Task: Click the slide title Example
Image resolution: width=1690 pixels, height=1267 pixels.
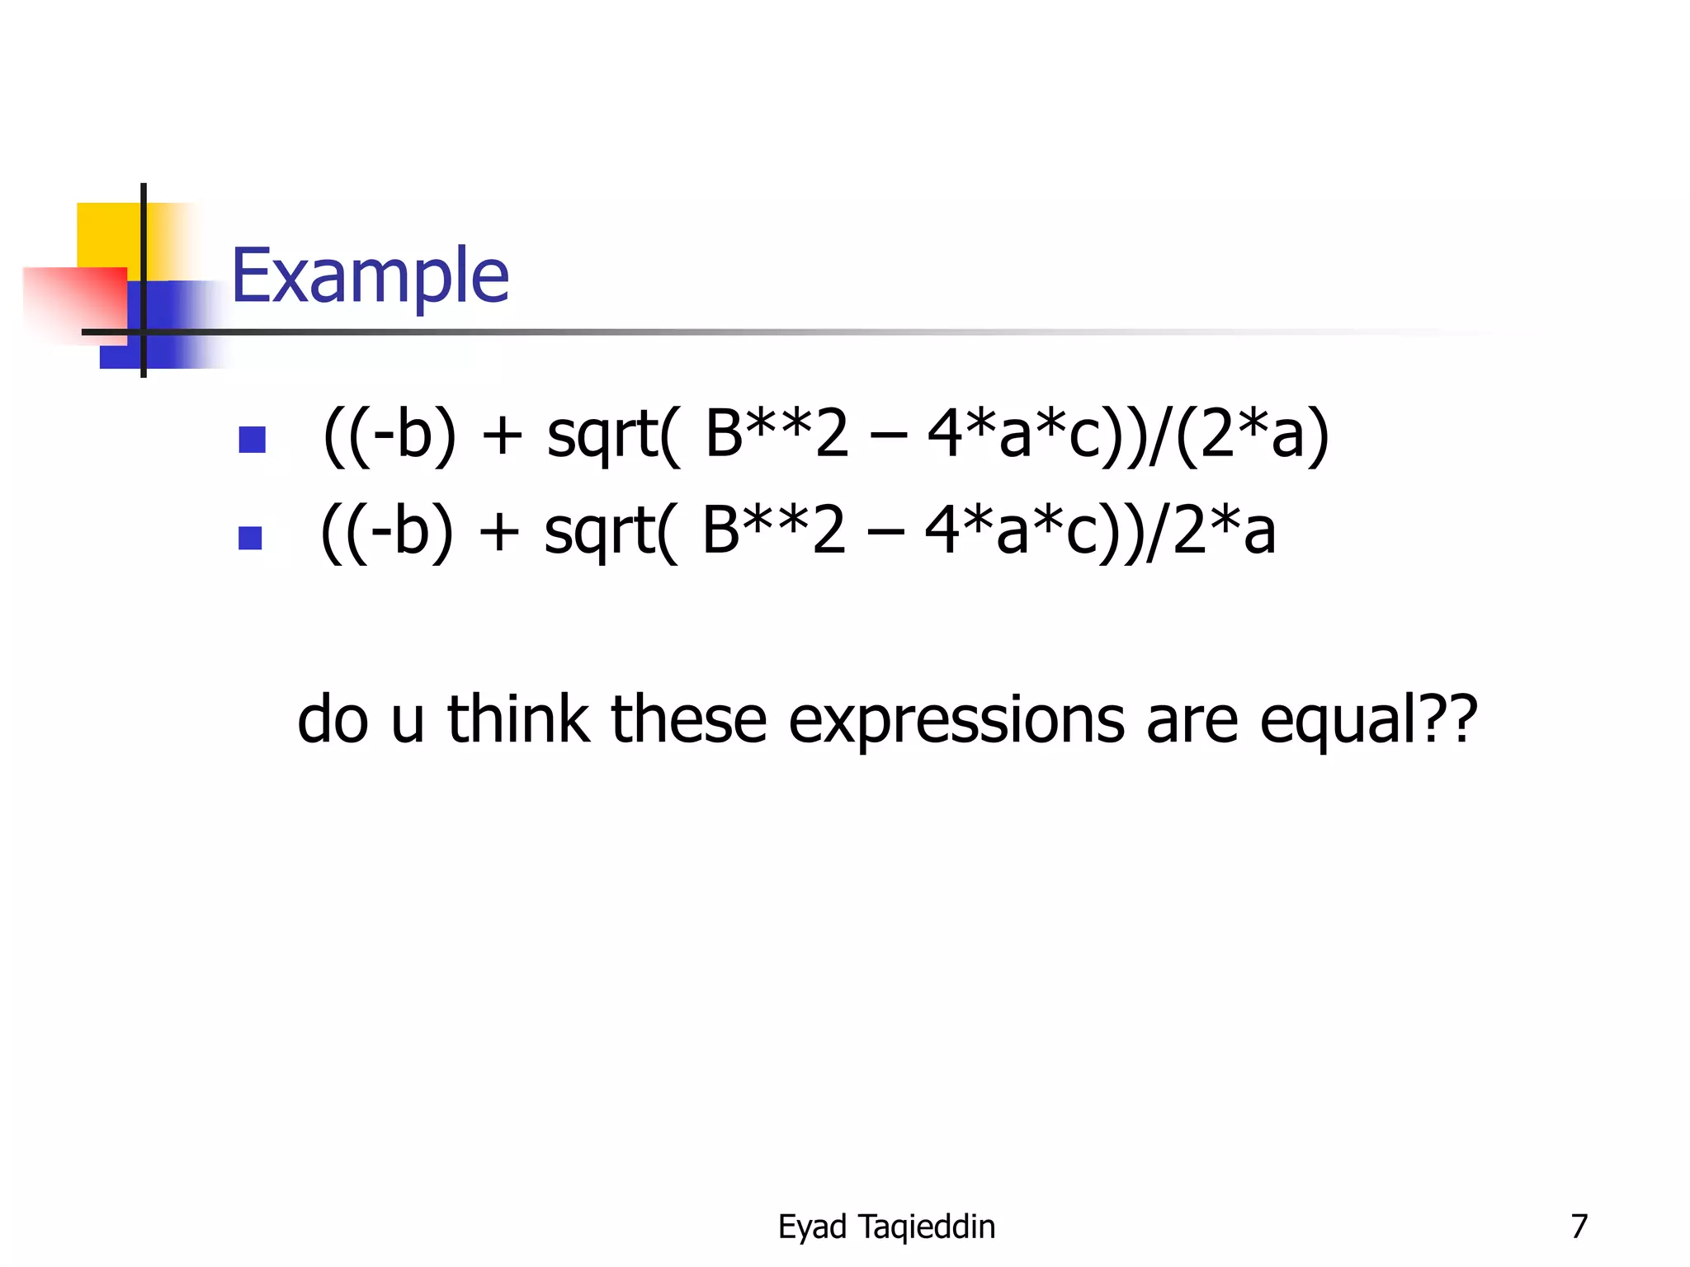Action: point(370,276)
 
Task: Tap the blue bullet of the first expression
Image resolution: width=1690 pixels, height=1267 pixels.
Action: point(252,439)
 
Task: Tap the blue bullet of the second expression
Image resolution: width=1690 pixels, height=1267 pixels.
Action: point(250,538)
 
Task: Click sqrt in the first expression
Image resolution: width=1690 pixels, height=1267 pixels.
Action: point(602,435)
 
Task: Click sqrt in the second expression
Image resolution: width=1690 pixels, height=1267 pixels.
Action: point(600,531)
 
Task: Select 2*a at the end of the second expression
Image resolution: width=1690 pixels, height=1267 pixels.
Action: point(1224,531)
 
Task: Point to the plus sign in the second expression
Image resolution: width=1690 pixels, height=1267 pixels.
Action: point(499,533)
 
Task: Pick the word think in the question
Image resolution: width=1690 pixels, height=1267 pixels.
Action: point(517,719)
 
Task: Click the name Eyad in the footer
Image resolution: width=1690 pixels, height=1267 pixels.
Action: point(812,1227)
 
